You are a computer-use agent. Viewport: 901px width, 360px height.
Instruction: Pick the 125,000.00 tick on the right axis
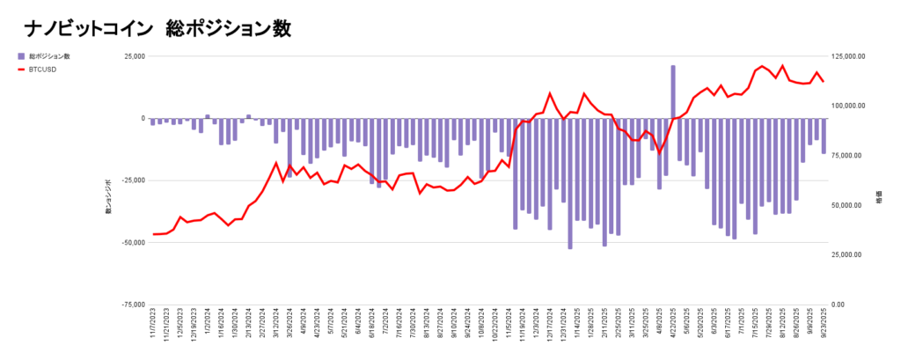[x=850, y=56]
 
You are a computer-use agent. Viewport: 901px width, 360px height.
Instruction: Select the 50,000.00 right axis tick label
[x=848, y=205]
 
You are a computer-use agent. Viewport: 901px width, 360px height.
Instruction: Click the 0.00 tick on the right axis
[x=839, y=305]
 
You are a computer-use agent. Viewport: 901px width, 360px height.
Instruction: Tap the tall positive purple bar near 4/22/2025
[x=673, y=92]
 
